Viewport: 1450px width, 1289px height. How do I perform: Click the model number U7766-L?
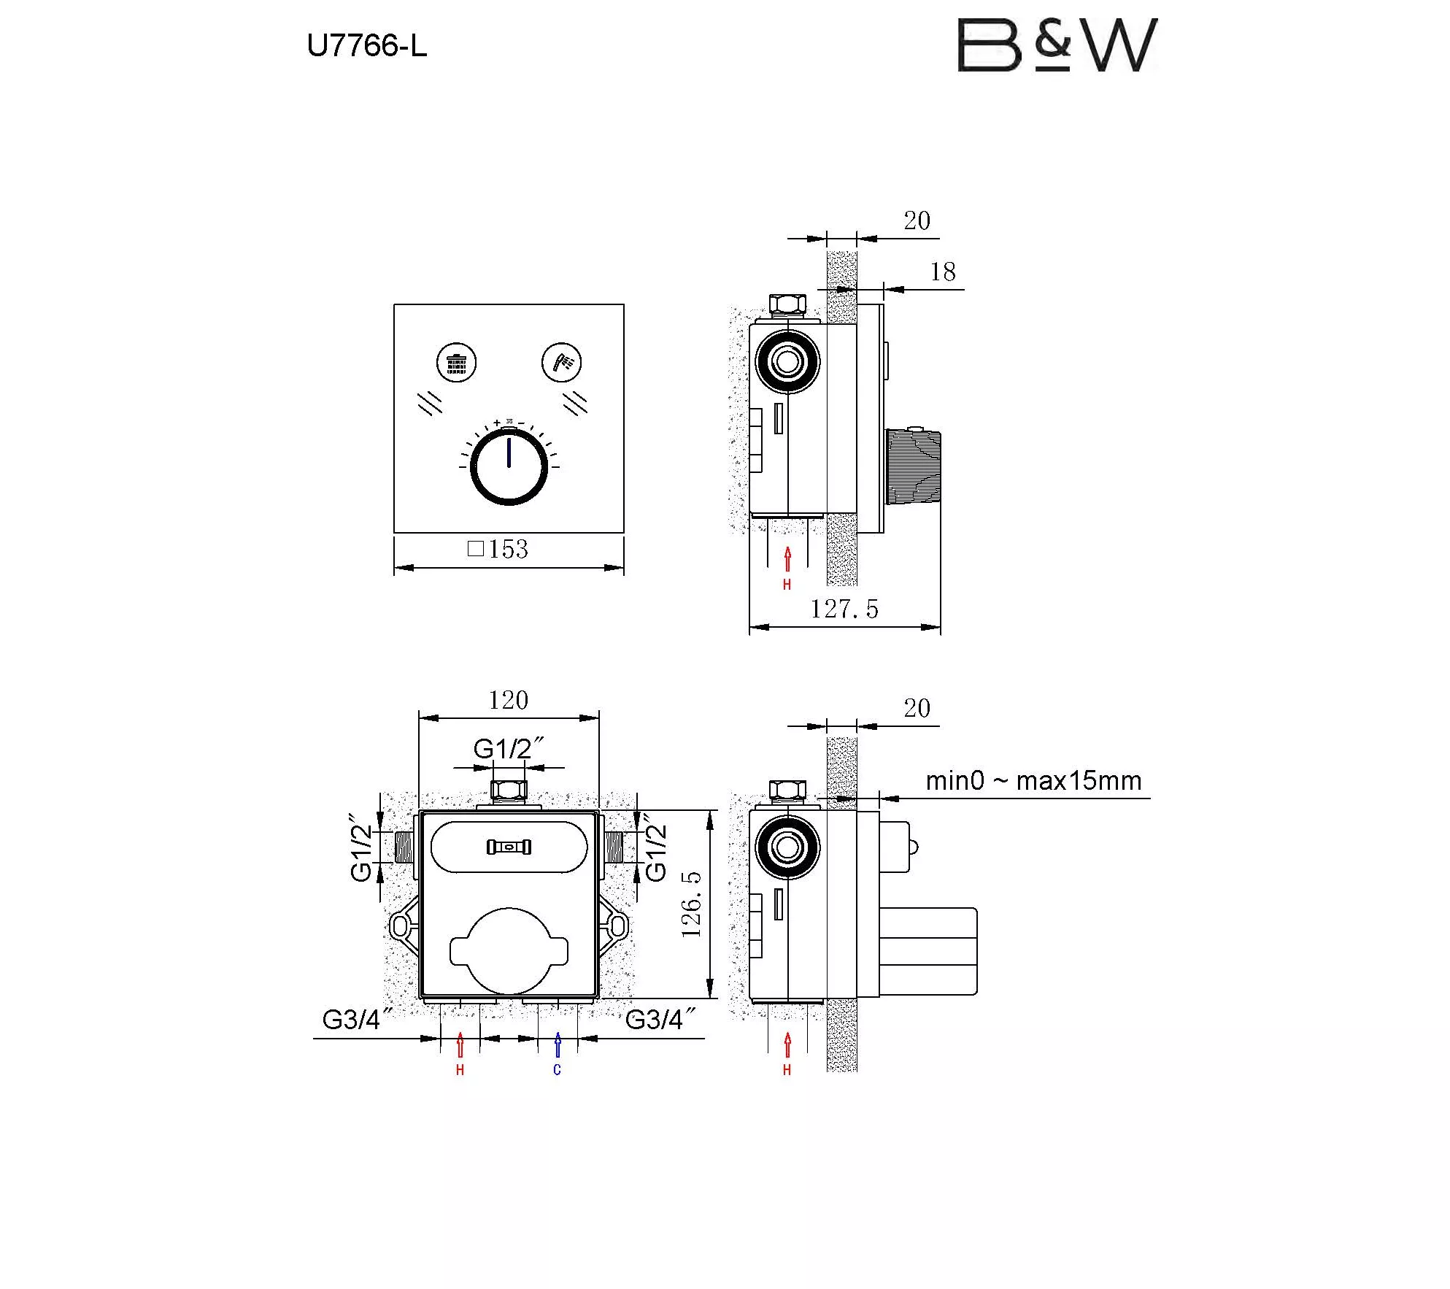pos(366,46)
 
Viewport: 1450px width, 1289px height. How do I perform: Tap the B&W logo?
pos(1056,45)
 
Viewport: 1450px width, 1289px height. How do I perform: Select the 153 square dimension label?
pos(498,549)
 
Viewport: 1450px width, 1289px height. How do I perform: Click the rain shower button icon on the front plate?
pos(456,362)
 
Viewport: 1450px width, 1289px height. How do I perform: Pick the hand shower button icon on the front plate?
pos(562,362)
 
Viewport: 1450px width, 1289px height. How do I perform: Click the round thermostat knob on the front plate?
pos(509,466)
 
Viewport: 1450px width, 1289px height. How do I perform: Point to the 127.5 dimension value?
pos(844,609)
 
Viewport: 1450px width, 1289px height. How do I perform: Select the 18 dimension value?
pos(943,272)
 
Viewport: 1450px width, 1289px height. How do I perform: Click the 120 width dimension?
pos(509,701)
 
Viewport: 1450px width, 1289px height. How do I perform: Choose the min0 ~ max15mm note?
pos(1033,781)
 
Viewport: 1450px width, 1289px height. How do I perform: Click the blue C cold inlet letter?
pos(558,1070)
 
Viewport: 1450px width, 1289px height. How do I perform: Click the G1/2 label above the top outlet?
pos(508,749)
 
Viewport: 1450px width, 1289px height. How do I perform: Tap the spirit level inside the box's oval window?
pos(509,847)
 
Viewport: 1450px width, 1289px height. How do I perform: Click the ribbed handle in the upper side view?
pos(913,466)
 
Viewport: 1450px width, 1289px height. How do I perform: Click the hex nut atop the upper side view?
pos(787,304)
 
